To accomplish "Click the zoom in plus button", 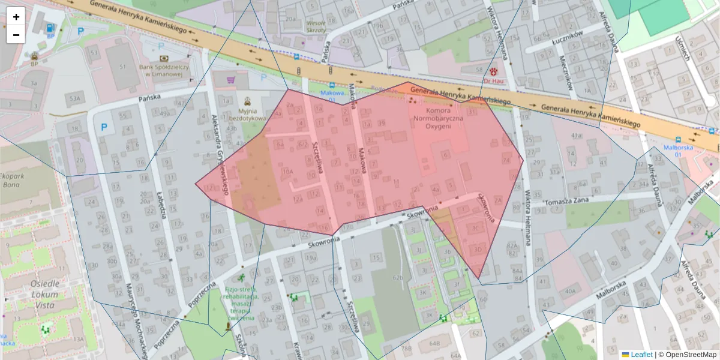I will coord(16,17).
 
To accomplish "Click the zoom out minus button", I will coord(16,35).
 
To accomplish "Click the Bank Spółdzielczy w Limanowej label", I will coord(164,70).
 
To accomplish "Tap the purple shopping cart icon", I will coord(231,79).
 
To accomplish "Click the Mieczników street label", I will coord(566,73).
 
